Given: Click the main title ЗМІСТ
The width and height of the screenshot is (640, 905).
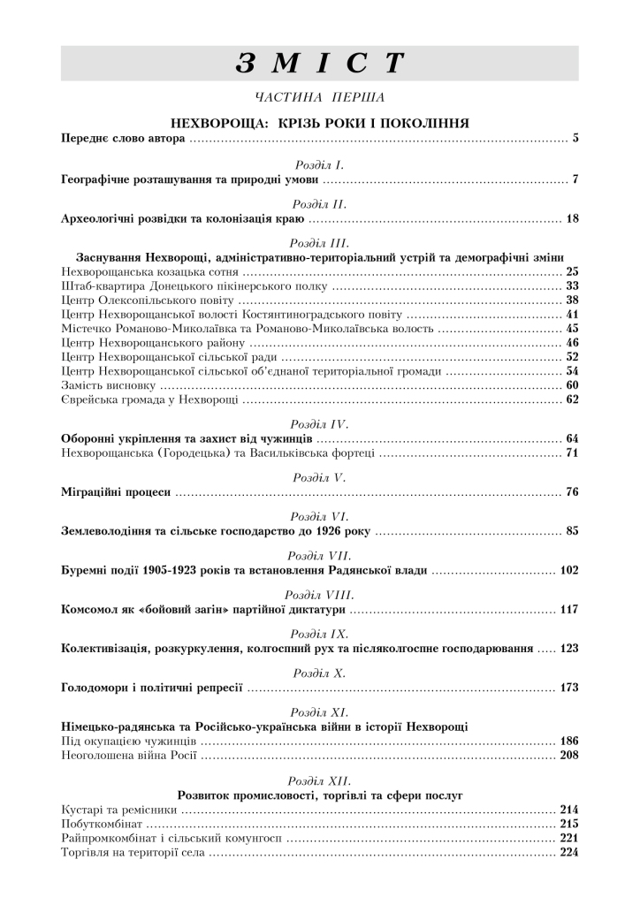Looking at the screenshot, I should pos(319,64).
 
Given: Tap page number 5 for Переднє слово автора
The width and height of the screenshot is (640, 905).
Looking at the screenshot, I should pos(575,139).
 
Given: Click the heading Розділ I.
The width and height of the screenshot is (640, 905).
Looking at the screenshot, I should pos(319,165).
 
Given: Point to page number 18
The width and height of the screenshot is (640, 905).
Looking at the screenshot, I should pos(571,218).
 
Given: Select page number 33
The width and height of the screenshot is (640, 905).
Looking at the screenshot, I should pos(571,286).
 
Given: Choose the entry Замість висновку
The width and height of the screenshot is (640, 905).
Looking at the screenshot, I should pos(110,386).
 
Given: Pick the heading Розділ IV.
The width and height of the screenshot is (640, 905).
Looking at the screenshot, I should pos(319,424).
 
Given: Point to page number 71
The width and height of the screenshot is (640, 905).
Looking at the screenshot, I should pos(571,453).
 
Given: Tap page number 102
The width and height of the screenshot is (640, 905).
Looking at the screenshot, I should pos(568,571).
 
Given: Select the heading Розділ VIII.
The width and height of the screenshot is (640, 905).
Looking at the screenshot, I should pos(319,596).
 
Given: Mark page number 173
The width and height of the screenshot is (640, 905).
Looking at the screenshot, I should pos(568,687).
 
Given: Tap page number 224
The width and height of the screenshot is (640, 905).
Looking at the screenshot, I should pos(568,853).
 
